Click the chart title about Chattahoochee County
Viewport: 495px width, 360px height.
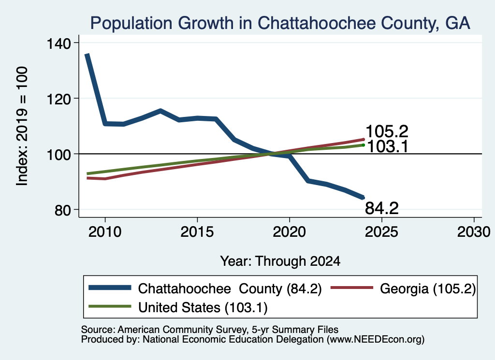point(280,23)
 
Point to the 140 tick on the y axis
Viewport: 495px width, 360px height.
point(58,43)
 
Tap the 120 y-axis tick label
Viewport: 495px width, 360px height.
point(58,99)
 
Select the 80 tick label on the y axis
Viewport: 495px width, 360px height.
point(62,210)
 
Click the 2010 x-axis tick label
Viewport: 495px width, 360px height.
point(105,232)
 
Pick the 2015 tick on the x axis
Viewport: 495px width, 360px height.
point(197,232)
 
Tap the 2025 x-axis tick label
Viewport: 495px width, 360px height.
point(381,232)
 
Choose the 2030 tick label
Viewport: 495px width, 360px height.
point(474,232)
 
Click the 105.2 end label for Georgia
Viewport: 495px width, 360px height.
point(387,131)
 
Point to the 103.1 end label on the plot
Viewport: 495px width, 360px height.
point(388,146)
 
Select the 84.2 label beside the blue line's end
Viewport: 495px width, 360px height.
point(382,208)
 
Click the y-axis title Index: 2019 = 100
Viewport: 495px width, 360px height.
point(22,126)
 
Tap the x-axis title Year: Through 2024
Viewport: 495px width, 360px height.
point(280,261)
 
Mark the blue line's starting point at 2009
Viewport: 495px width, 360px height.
point(87,55)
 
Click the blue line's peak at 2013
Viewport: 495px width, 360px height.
point(160,111)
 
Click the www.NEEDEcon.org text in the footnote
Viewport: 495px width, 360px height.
point(375,340)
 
